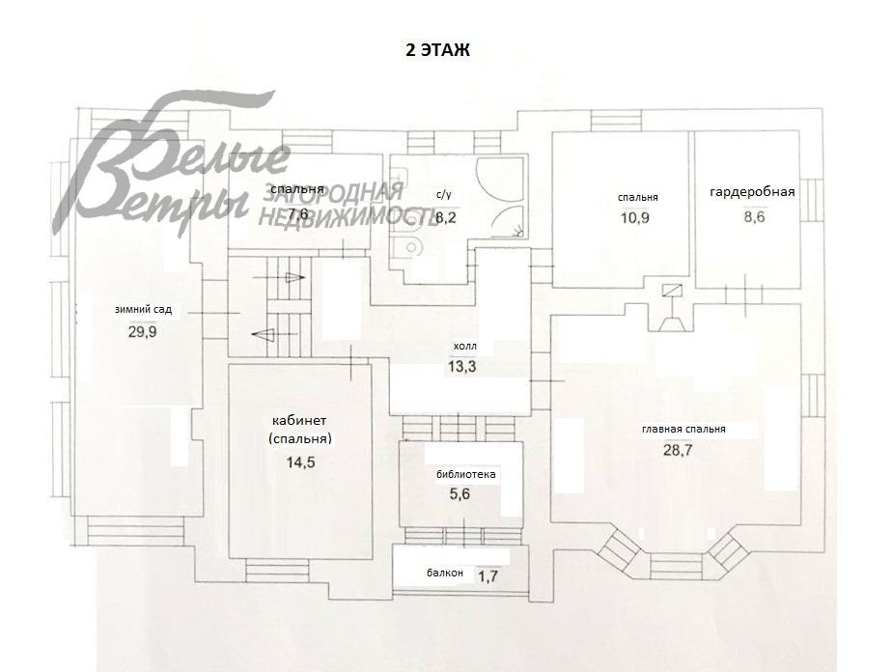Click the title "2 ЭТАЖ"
(x=437, y=50)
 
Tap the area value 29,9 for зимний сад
(x=142, y=332)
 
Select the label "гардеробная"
(x=752, y=192)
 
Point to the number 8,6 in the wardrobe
(x=754, y=217)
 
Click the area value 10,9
(x=635, y=217)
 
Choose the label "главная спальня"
(x=683, y=430)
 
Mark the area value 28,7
(x=678, y=450)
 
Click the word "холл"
(x=464, y=346)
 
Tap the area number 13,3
(x=461, y=367)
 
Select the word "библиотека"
(x=466, y=474)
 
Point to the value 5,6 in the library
(x=460, y=494)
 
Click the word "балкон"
(x=445, y=573)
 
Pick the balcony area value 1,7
(x=488, y=576)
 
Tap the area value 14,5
(x=300, y=462)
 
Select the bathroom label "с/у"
(x=444, y=195)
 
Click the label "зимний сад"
(x=143, y=310)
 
